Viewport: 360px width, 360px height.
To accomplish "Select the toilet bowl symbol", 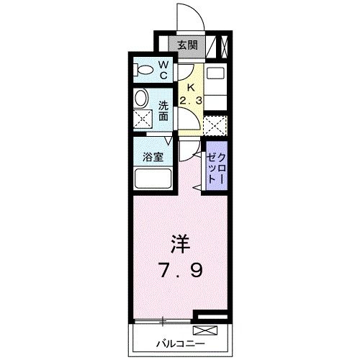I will pyautogui.click(x=144, y=71).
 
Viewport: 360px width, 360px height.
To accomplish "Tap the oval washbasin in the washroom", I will pyautogui.click(x=142, y=98).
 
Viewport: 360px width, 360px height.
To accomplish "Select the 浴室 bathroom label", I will pyautogui.click(x=152, y=156).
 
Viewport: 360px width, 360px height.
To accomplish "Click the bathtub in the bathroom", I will pyautogui.click(x=153, y=179).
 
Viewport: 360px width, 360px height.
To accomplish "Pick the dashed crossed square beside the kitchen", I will pyautogui.click(x=215, y=126).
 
